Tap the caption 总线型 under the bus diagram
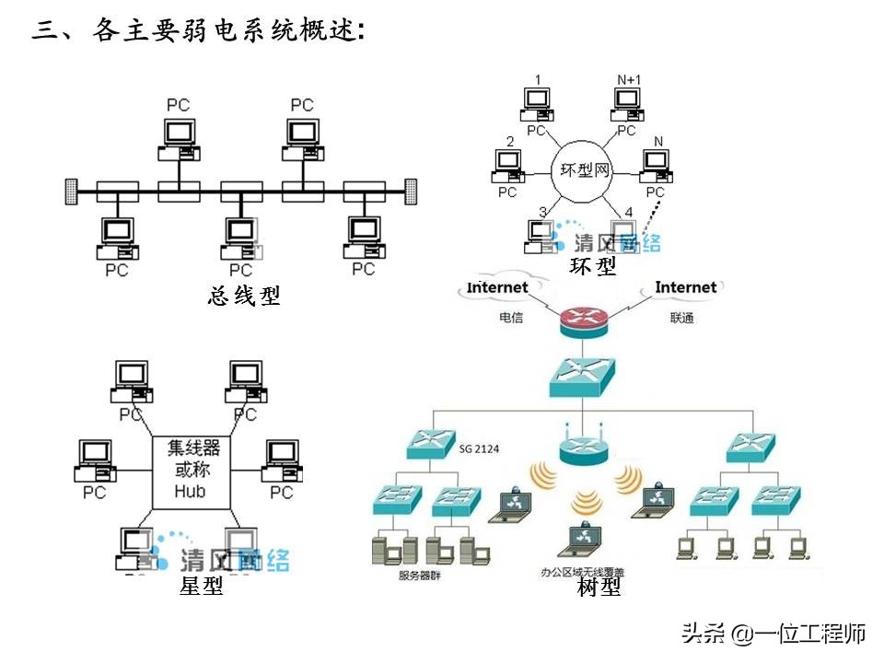click(x=243, y=296)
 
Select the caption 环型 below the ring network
click(x=593, y=267)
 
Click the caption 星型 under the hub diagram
click(x=202, y=586)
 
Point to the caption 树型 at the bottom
click(x=599, y=587)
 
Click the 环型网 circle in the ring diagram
click(x=585, y=169)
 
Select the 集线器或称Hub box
click(x=190, y=469)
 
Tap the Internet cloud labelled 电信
click(x=498, y=288)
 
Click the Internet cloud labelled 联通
click(x=685, y=288)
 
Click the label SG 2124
click(x=479, y=449)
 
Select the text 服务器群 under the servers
click(x=419, y=576)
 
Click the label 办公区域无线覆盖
click(x=582, y=572)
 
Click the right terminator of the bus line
click(x=412, y=192)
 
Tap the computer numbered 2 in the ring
click(x=507, y=165)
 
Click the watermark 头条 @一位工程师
click(x=773, y=634)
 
